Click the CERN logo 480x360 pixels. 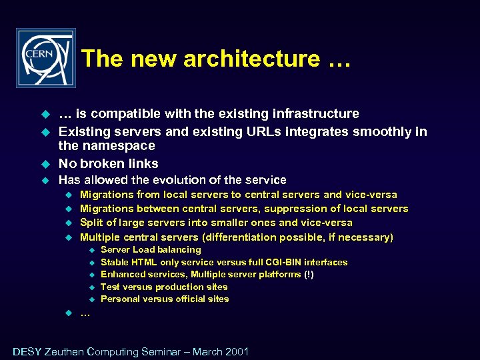pos(45,58)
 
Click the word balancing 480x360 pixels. pos(179,250)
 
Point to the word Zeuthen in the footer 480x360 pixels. pos(65,351)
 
